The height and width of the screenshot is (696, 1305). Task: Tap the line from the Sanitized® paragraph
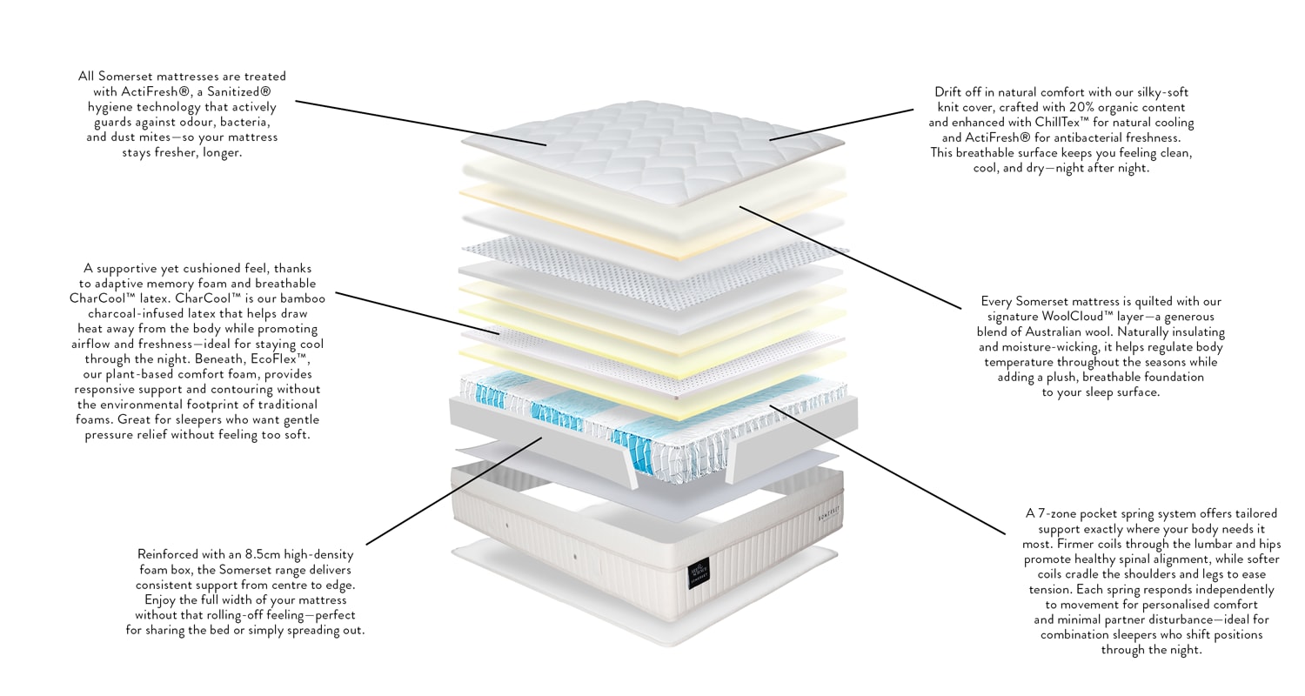pos(418,122)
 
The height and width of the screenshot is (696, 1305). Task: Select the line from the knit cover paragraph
pos(840,124)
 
